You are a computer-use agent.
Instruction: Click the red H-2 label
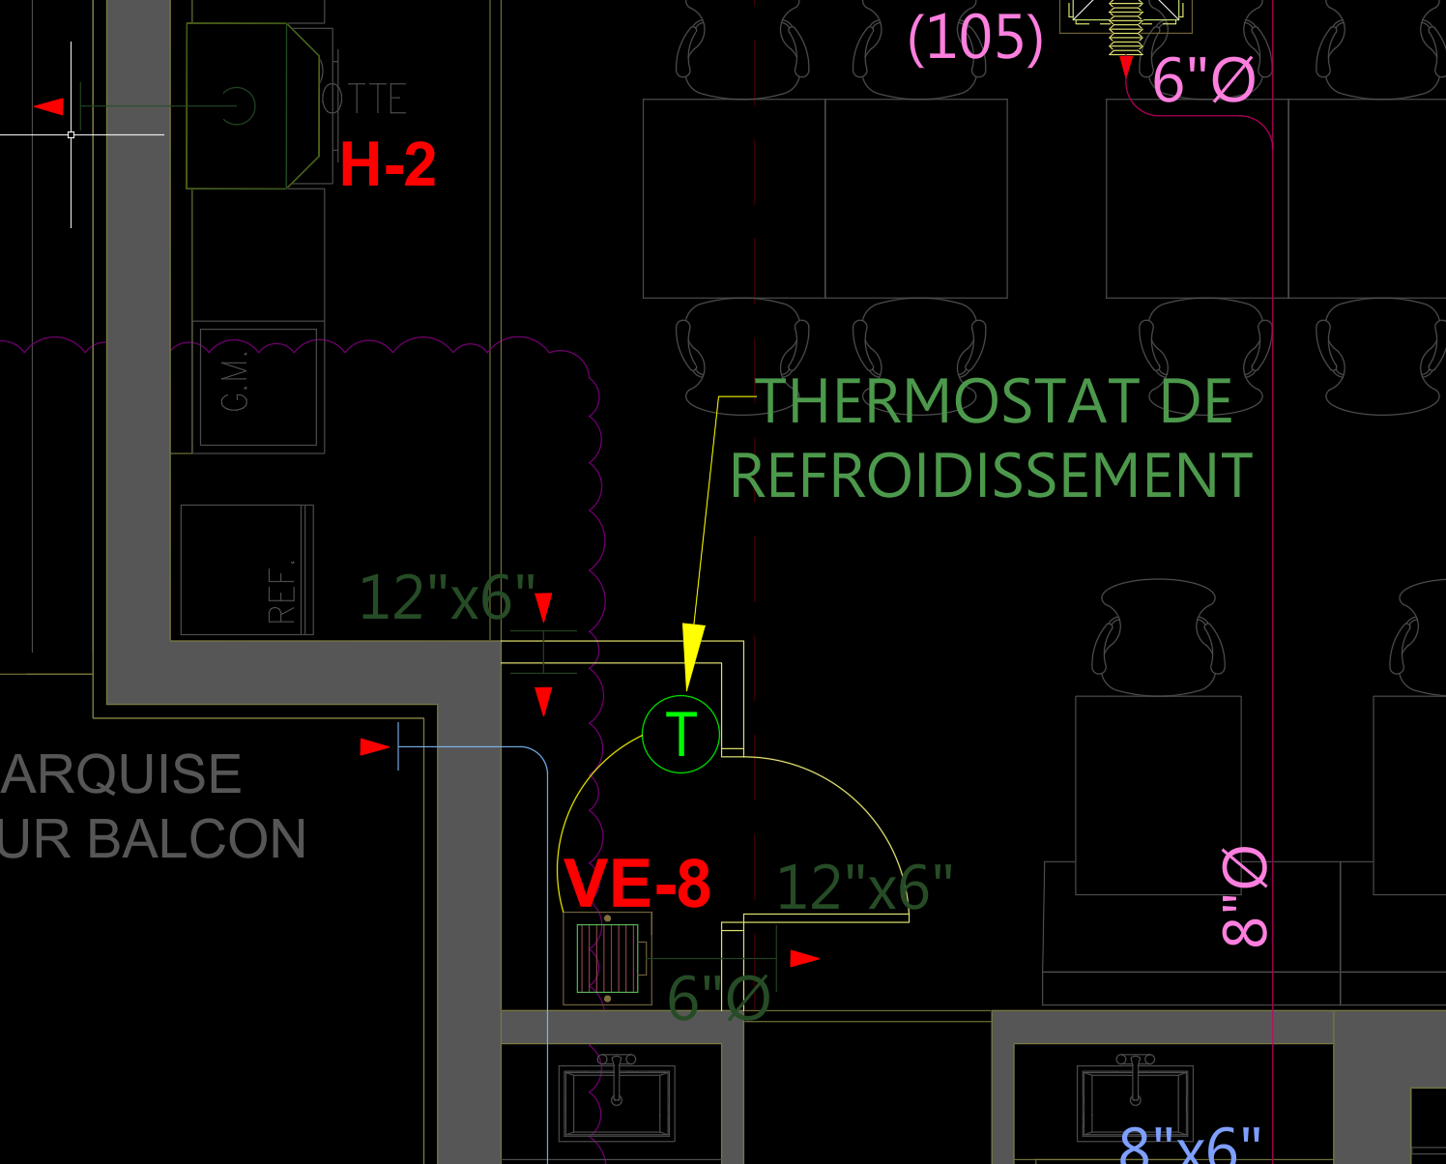pos(388,165)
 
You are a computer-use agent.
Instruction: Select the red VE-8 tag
pos(637,884)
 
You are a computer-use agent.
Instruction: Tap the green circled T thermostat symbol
pos(681,735)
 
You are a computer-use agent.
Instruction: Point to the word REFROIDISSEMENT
pos(991,476)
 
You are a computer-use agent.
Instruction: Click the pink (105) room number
pos(975,39)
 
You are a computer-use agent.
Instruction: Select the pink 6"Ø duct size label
pos(1203,79)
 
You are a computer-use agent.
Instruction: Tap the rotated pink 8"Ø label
pos(1245,896)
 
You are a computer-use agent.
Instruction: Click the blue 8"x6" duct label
pos(1191,1147)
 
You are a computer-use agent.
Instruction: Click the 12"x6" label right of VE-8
pos(864,888)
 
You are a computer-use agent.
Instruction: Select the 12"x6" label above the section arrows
pos(447,597)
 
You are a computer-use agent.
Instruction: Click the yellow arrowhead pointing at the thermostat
pos(692,654)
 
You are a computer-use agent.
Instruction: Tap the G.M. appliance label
pos(235,384)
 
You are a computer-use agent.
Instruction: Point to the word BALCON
pos(197,839)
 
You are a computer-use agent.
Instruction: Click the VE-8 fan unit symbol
pos(607,958)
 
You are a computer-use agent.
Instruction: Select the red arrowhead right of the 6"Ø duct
pos(804,958)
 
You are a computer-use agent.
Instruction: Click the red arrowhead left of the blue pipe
pos(374,746)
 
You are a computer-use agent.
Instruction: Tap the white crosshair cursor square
pos(71,134)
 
